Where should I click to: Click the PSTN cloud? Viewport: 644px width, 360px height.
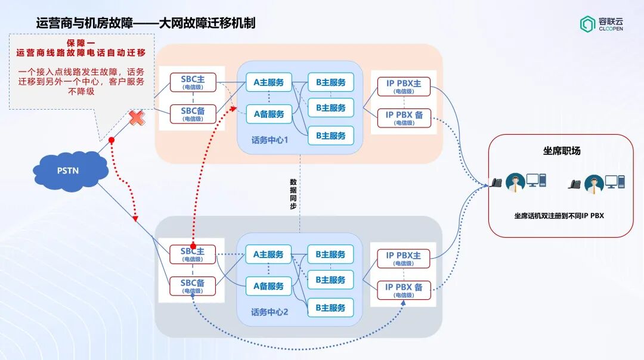pos(68,171)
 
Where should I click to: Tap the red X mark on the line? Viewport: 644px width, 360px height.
pos(137,117)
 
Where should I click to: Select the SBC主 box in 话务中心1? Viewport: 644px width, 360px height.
pos(193,82)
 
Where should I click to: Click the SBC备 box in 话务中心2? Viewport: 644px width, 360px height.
pos(193,285)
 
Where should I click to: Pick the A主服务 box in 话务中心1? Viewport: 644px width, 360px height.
pos(268,82)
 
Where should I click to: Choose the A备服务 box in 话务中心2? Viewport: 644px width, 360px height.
pos(268,286)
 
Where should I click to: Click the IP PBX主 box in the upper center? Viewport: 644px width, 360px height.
pos(404,86)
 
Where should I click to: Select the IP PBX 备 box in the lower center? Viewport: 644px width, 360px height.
pos(404,290)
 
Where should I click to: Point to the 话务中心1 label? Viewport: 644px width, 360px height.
pos(270,141)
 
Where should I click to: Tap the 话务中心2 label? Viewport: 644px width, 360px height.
pos(270,312)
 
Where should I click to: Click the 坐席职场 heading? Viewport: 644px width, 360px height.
pos(561,151)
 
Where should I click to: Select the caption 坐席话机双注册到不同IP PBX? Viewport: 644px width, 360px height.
pos(559,216)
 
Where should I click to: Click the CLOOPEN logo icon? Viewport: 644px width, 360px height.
pos(587,23)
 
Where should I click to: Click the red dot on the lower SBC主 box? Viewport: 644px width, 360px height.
pos(193,246)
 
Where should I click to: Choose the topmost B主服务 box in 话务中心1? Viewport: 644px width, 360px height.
pos(330,82)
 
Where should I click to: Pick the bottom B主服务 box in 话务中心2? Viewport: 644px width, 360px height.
pos(330,308)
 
